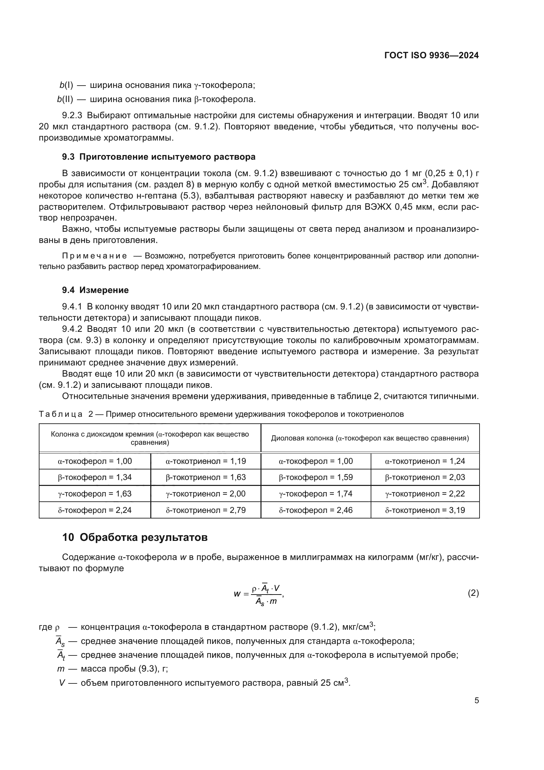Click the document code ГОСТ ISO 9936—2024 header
pyautogui.click(x=432, y=55)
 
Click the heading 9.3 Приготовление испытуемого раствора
pyautogui.click(x=159, y=157)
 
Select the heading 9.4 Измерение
pyautogui.click(x=95, y=290)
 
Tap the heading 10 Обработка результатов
pyautogui.click(x=135, y=537)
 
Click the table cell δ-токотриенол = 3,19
pyautogui.click(x=425, y=510)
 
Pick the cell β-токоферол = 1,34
pyautogui.click(x=95, y=477)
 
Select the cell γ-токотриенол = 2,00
pyautogui.click(x=205, y=494)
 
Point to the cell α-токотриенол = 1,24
pyautogui.click(x=425, y=461)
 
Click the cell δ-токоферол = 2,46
pyautogui.click(x=315, y=510)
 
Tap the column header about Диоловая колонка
pyautogui.click(x=370, y=438)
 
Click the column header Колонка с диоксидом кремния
pyautogui.click(x=150, y=438)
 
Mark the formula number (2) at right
pyautogui.click(x=473, y=593)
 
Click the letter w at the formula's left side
pyautogui.click(x=237, y=594)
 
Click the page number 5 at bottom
pyautogui.click(x=476, y=700)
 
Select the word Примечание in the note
pyautogui.click(x=94, y=256)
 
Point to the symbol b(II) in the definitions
pyautogui.click(x=65, y=99)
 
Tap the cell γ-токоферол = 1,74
pyautogui.click(x=315, y=494)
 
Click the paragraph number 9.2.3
pyautogui.click(x=72, y=115)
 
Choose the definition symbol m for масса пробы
pyautogui.click(x=61, y=669)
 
